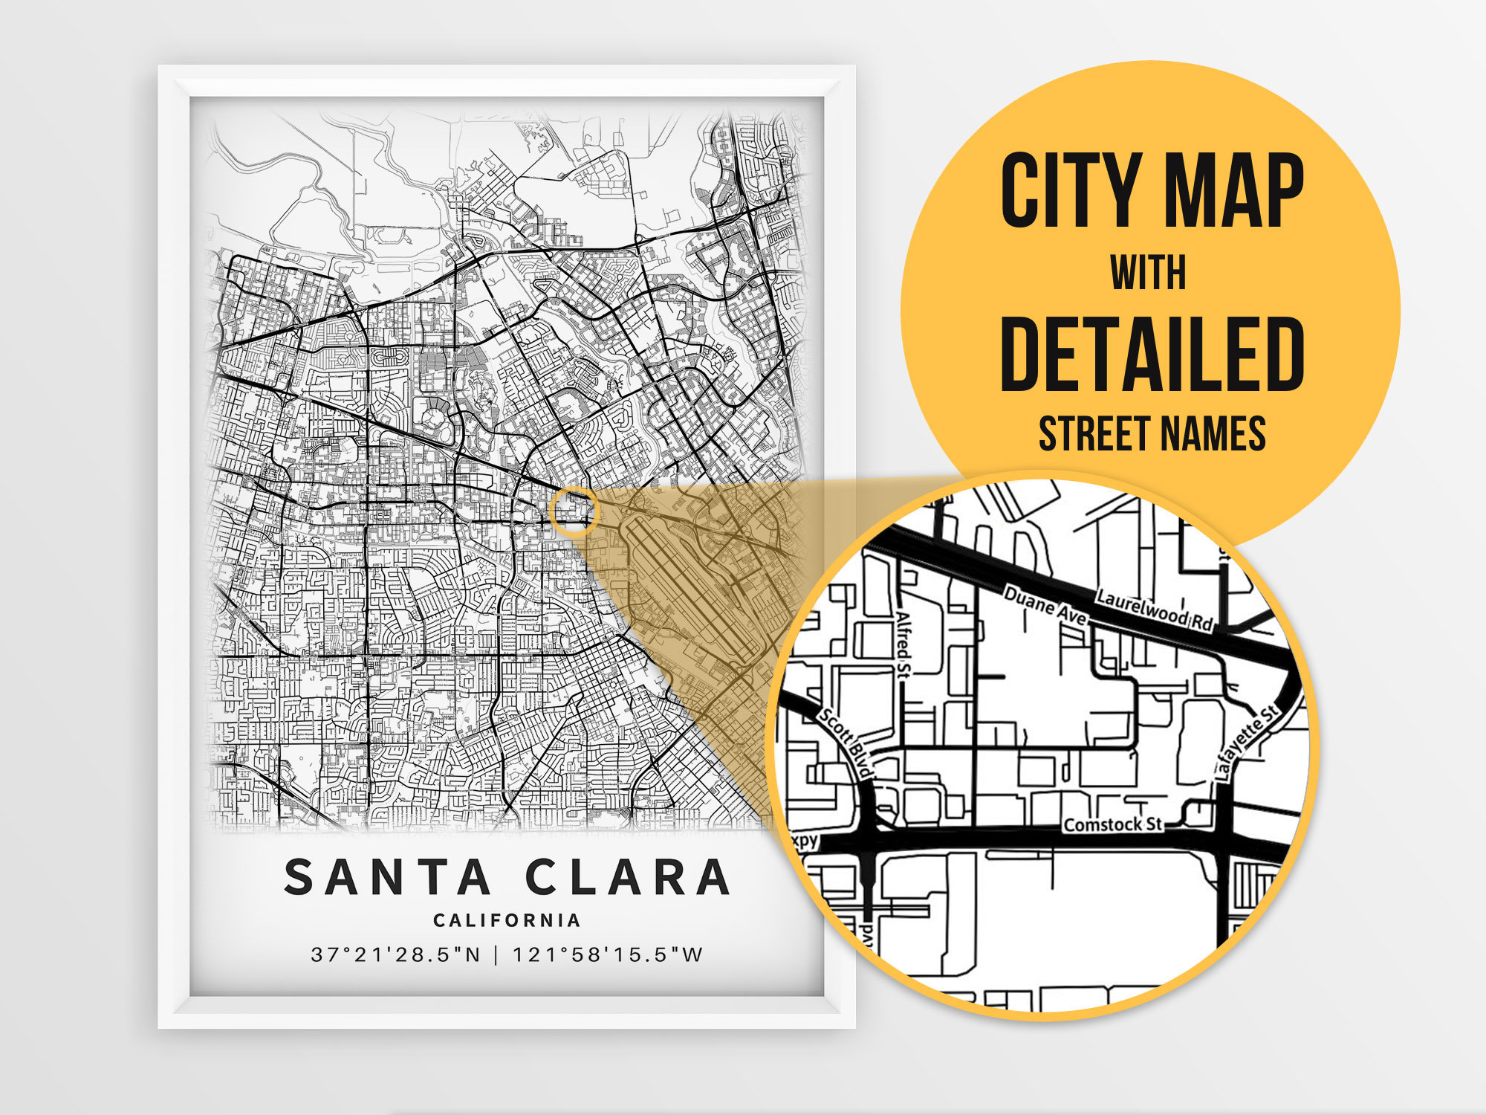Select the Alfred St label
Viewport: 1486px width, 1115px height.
click(903, 644)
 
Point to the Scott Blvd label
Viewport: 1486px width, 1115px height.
click(846, 743)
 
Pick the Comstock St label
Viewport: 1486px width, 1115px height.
click(1112, 824)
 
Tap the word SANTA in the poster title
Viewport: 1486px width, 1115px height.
click(387, 877)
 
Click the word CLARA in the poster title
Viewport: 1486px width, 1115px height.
click(629, 877)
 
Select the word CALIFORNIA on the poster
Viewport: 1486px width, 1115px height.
click(507, 920)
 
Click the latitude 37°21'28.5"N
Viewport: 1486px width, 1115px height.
click(396, 954)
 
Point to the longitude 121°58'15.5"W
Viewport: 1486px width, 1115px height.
click(607, 954)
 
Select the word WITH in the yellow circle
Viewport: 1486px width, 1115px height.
click(1149, 273)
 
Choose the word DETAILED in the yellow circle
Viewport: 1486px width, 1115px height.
click(1152, 354)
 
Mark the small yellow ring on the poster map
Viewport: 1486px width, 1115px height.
click(574, 511)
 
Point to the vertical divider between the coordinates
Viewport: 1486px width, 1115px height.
click(497, 954)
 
